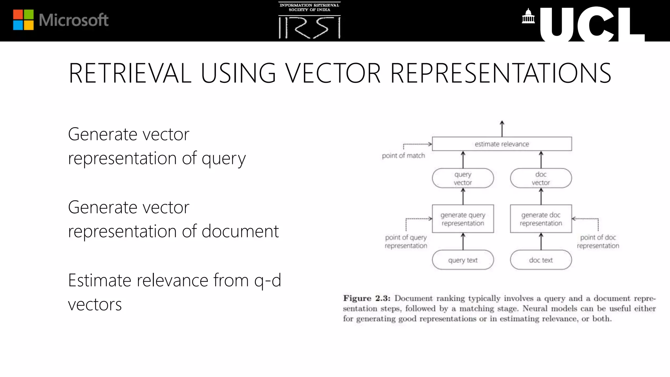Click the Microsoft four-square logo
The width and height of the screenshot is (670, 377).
tap(23, 20)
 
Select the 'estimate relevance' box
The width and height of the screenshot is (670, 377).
tap(502, 144)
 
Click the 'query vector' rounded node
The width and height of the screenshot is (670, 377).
tap(463, 178)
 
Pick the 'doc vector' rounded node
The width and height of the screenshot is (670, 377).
tap(541, 178)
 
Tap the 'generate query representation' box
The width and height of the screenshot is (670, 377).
tap(463, 219)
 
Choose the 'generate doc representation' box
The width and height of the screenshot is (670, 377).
tap(541, 219)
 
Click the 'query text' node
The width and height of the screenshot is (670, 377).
tap(463, 260)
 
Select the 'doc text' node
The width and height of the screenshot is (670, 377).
tap(541, 260)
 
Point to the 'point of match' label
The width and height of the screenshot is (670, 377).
tap(403, 156)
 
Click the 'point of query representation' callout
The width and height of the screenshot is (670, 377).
tap(406, 242)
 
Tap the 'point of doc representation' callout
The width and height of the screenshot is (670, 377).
tap(598, 242)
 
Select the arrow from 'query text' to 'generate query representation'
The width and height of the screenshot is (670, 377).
tap(463, 242)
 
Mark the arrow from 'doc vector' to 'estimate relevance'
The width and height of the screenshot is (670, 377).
tap(541, 160)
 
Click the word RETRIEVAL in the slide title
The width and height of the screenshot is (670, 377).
tap(130, 73)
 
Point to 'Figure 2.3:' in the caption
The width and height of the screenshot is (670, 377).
tap(366, 298)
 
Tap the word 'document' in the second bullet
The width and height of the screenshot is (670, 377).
tap(240, 231)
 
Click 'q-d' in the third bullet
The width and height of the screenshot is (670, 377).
tap(268, 280)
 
